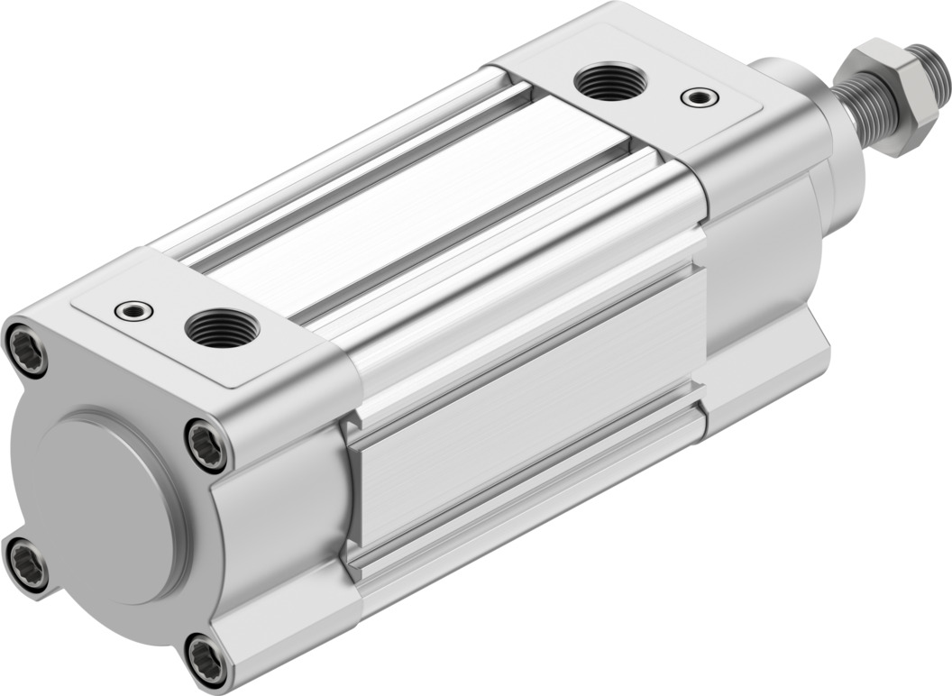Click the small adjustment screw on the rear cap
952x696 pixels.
click(133, 311)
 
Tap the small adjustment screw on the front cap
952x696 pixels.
click(699, 96)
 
